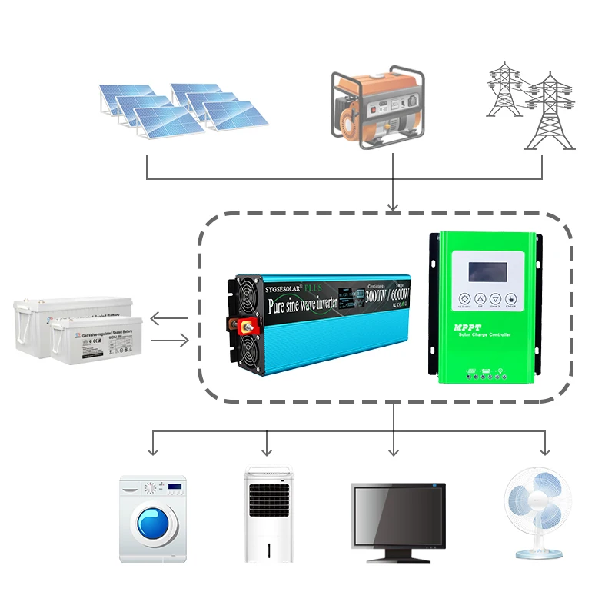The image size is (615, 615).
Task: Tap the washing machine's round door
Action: tap(153, 525)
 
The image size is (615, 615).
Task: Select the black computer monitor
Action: tap(398, 517)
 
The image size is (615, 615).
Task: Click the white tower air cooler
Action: tap(268, 513)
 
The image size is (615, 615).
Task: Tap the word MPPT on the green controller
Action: tap(463, 331)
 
